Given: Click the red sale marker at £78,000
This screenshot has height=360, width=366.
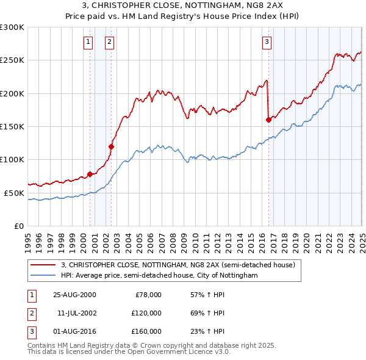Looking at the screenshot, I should (90, 174).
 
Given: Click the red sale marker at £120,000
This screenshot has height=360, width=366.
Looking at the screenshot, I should (111, 146).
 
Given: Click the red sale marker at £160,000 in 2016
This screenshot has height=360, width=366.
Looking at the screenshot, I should (268, 120).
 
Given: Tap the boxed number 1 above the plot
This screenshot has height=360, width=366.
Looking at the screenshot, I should (88, 42).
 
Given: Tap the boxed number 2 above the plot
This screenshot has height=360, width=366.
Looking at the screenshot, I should (109, 42).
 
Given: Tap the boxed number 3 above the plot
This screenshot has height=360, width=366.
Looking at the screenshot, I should (267, 42).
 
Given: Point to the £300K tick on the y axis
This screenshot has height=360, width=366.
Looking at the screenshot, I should (12, 27).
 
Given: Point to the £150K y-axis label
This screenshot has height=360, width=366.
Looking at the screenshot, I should (12, 127).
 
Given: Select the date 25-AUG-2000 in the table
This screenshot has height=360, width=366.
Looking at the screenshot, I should (74, 295).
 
